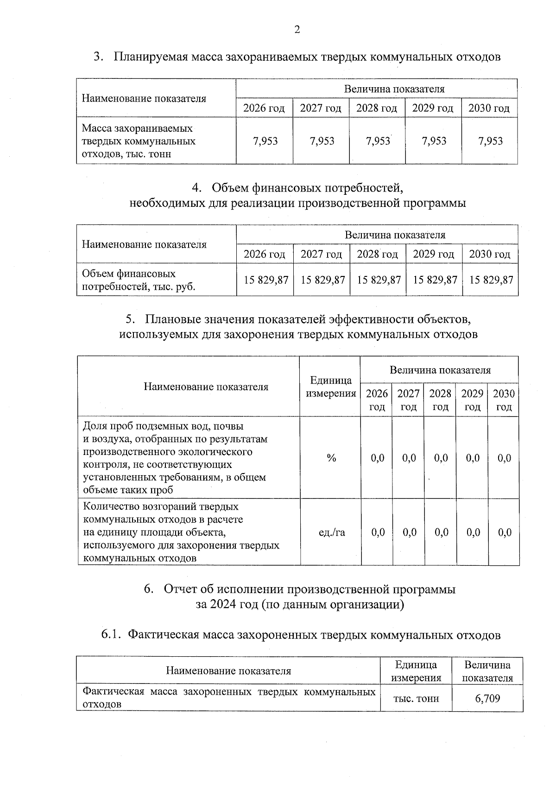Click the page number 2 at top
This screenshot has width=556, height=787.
[x=297, y=30]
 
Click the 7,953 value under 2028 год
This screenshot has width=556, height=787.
[x=378, y=141]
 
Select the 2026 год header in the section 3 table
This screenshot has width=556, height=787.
[x=264, y=109]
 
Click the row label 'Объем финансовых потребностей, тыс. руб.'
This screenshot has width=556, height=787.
[x=139, y=280]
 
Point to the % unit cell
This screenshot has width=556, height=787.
[x=331, y=458]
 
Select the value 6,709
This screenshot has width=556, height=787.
[x=487, y=698]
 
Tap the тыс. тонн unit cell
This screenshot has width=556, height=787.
[x=416, y=698]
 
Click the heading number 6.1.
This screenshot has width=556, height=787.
[x=112, y=635]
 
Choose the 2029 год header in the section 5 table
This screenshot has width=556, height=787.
[x=472, y=400]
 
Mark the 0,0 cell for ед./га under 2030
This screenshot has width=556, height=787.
[x=505, y=532]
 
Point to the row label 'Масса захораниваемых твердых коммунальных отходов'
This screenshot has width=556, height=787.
[x=139, y=141]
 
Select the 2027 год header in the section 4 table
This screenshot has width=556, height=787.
[x=321, y=254]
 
